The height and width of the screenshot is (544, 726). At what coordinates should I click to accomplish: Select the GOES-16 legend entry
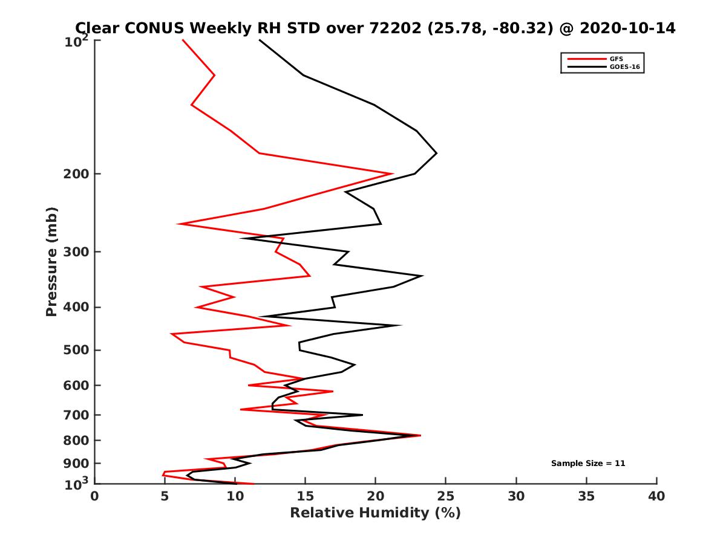coord(624,66)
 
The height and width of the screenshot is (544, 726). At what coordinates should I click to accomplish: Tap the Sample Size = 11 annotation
coord(587,464)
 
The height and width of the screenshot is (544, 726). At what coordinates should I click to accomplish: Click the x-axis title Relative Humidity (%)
coord(375,513)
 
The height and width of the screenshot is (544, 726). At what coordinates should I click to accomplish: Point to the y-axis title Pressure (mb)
coord(51,261)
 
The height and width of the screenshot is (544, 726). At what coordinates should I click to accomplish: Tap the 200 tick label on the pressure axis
coord(73,174)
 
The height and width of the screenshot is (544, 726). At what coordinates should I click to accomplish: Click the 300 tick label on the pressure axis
coord(73,252)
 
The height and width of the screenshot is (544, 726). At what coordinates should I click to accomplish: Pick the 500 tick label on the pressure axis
coord(73,351)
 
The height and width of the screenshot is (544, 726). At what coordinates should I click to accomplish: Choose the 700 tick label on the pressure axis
coord(73,415)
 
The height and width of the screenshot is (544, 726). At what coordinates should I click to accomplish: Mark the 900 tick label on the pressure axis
coord(73,464)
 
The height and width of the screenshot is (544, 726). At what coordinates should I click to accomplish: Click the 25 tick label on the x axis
coord(446,497)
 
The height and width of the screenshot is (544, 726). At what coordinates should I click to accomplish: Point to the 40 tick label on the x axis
coord(656,497)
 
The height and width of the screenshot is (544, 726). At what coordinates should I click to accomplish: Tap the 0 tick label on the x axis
coord(95,497)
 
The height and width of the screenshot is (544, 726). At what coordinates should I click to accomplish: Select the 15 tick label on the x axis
coord(306,497)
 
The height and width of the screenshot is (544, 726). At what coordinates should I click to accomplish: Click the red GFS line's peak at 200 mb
coord(393,173)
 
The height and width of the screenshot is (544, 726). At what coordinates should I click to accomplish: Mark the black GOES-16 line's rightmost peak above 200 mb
coord(436,154)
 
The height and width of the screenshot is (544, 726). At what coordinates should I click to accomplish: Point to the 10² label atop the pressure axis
coord(76,42)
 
